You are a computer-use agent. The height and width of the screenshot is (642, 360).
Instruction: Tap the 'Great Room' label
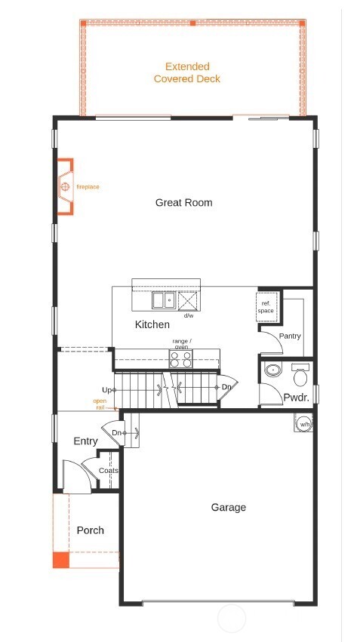pyautogui.click(x=183, y=202)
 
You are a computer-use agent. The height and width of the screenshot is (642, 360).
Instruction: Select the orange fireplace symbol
pyautogui.click(x=65, y=186)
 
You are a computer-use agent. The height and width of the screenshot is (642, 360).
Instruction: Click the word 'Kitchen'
pyautogui.click(x=152, y=324)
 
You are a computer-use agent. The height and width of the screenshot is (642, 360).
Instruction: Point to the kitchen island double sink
pyautogui.click(x=163, y=301)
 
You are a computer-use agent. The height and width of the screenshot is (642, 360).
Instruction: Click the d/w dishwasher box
pyautogui.click(x=187, y=301)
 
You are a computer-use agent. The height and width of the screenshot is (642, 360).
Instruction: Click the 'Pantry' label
pyautogui.click(x=291, y=336)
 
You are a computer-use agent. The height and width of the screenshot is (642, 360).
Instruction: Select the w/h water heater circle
pyautogui.click(x=303, y=424)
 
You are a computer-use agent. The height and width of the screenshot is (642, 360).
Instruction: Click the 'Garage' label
pyautogui.click(x=228, y=508)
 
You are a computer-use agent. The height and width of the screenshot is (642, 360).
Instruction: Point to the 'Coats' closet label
pyautogui.click(x=109, y=471)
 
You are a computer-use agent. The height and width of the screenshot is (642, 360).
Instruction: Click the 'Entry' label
pyautogui.click(x=85, y=441)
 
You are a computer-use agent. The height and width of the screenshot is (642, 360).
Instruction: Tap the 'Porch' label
pyautogui.click(x=90, y=530)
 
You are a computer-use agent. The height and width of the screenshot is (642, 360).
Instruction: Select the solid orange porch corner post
pyautogui.click(x=60, y=559)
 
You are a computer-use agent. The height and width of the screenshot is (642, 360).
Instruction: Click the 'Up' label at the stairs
pyautogui.click(x=108, y=389)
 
